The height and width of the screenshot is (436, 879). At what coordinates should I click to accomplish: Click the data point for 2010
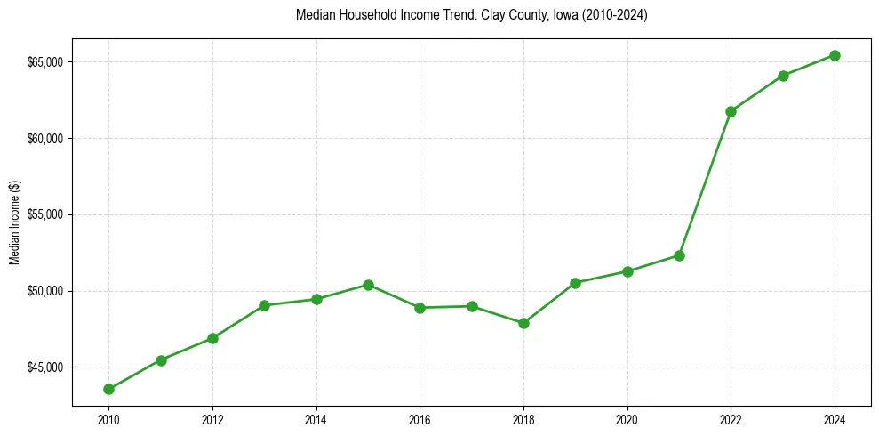point(108,389)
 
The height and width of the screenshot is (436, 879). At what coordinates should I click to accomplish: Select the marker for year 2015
point(368,285)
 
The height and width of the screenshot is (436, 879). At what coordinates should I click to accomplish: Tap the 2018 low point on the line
point(523,323)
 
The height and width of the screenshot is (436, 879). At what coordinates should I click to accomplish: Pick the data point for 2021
point(679,255)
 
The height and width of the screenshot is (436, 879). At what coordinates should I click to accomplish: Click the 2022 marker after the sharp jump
point(731,111)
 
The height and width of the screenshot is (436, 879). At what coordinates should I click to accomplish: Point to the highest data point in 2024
point(835,55)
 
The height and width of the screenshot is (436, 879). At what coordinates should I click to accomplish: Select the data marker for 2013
point(264,305)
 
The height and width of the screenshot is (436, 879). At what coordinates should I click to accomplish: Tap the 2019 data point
point(575,283)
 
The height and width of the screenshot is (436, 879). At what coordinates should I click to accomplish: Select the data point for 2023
point(783,76)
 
